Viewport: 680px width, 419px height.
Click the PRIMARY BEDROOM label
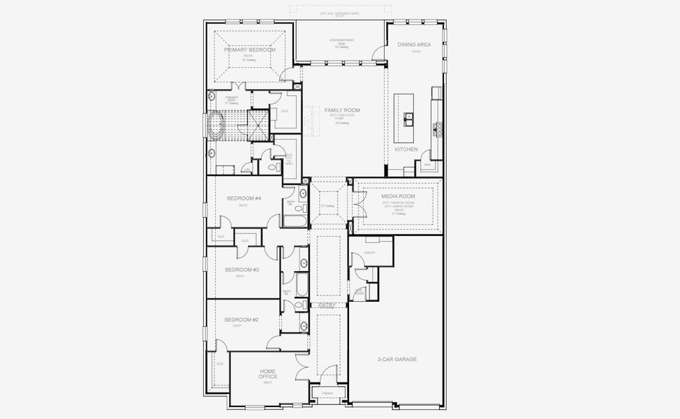point(250,50)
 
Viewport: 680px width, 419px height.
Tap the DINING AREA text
point(414,45)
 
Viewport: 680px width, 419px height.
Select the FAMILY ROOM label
point(342,110)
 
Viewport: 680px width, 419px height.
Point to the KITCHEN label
point(406,149)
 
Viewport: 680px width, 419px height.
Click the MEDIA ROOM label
point(398,196)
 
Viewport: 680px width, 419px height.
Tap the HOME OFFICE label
point(268,374)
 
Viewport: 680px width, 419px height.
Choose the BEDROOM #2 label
point(242,320)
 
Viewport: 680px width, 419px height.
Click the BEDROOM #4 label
point(244,198)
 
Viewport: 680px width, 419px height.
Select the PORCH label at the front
point(327,393)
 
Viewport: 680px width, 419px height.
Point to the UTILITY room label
point(370,253)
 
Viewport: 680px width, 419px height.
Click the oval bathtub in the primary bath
point(214,128)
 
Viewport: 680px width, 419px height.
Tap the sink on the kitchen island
point(408,117)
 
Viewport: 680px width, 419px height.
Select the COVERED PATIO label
point(341,41)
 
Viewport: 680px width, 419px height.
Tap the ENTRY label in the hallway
point(327,306)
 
